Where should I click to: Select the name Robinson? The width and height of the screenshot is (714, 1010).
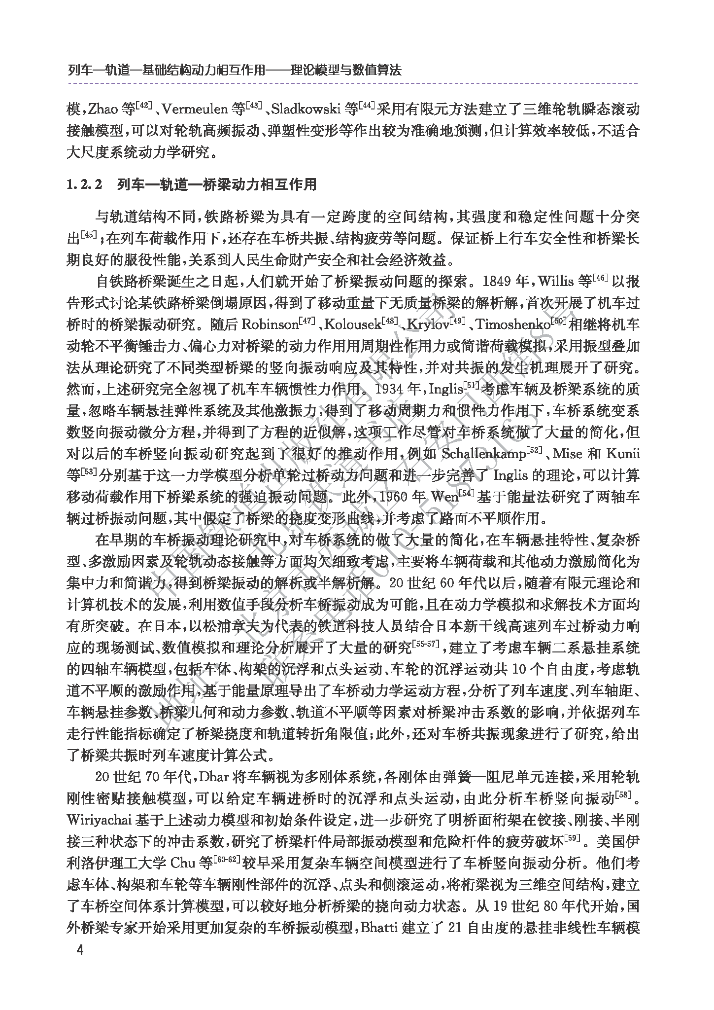(269, 325)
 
